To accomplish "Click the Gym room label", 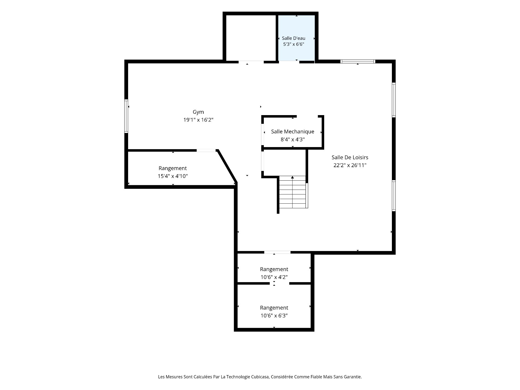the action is (x=198, y=112).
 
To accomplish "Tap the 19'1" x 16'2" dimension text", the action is (x=198, y=120).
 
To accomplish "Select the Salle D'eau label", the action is (x=294, y=38).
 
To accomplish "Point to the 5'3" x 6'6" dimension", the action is (x=294, y=44).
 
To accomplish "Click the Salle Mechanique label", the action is (x=292, y=132).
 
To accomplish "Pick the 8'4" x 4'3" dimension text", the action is (x=292, y=139).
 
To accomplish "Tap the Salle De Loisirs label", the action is (x=350, y=157).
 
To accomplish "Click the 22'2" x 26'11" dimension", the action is (x=350, y=165).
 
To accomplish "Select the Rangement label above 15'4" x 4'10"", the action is (x=173, y=168).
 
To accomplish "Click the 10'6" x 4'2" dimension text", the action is (x=274, y=277).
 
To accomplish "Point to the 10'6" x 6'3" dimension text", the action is (x=274, y=316).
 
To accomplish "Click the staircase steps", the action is (x=292, y=192).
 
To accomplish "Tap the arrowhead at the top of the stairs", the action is (x=292, y=177).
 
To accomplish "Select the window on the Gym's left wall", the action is (x=126, y=116).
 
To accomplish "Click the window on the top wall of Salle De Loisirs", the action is (x=358, y=61).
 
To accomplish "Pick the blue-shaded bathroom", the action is (x=297, y=38).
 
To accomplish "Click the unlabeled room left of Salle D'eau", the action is (x=251, y=38).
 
